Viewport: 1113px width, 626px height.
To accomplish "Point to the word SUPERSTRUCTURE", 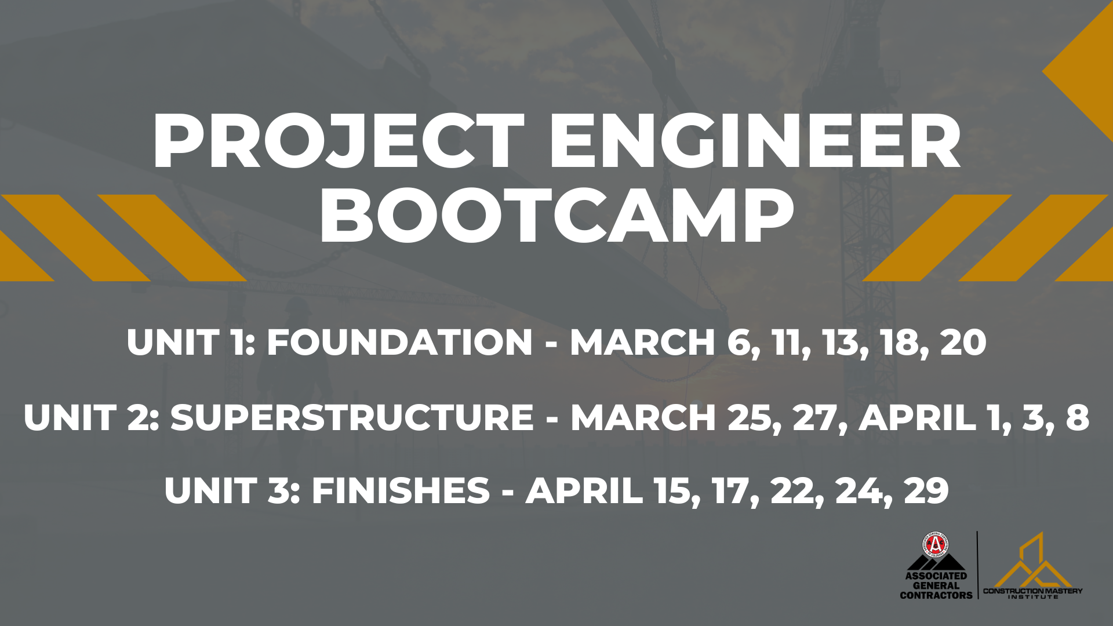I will tap(352, 417).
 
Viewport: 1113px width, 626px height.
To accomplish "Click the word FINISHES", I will tap(401, 491).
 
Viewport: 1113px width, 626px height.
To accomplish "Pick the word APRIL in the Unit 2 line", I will tap(918, 417).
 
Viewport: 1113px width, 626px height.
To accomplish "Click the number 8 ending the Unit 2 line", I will tap(1077, 417).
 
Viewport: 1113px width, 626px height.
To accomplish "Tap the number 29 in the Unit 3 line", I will tap(926, 491).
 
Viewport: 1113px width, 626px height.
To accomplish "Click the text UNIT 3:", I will tap(232, 491).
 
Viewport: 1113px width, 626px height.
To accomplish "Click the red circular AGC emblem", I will tap(936, 545).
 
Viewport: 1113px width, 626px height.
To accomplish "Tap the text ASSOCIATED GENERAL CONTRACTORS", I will tap(936, 585).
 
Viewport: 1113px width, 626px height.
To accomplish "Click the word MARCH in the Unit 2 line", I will tap(643, 417).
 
